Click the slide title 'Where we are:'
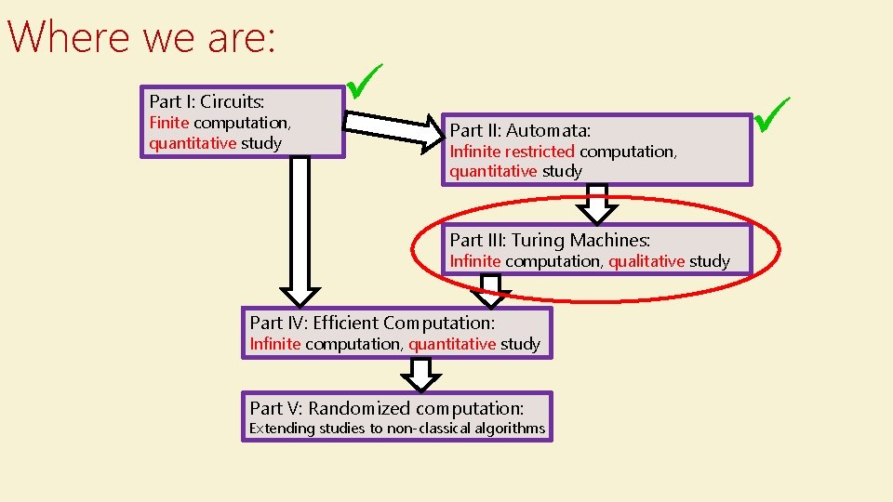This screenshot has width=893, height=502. click(141, 37)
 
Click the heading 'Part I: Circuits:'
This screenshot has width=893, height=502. click(207, 101)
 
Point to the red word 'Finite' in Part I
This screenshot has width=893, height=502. click(169, 123)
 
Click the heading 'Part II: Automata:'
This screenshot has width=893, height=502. click(520, 130)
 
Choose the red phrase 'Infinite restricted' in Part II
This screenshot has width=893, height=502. click(513, 151)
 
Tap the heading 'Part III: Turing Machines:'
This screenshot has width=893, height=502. click(550, 240)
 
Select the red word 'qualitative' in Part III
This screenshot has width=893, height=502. click(647, 261)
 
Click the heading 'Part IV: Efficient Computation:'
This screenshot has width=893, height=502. click(372, 323)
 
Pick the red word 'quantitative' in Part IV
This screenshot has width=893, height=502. click(452, 344)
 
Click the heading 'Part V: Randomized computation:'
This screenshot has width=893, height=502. click(386, 408)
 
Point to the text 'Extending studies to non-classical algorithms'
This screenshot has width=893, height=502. click(396, 429)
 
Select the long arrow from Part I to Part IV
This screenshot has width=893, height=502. click(300, 232)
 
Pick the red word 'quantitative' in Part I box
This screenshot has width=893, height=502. click(193, 143)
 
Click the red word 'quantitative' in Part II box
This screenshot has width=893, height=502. click(493, 171)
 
